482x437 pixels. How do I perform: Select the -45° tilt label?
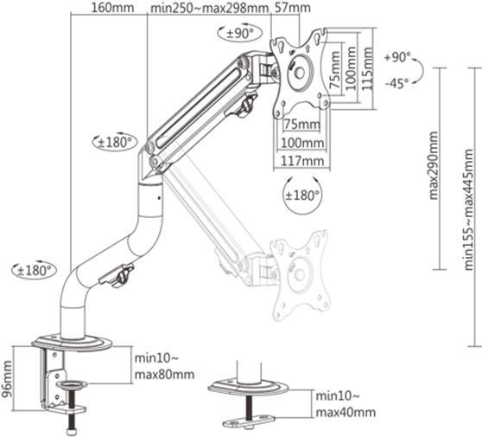pyautogui.click(x=399, y=84)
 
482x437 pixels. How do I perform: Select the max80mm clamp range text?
pyautogui.click(x=164, y=375)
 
